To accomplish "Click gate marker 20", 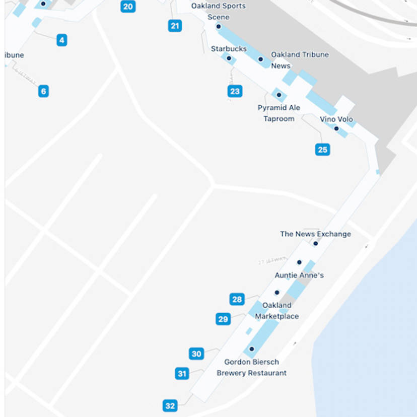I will (x=128, y=7).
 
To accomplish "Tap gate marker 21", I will (x=175, y=26).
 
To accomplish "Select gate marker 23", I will (x=235, y=91).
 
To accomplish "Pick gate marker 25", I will (x=322, y=150).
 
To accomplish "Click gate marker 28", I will (x=237, y=300).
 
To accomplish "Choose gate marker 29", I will (x=223, y=319).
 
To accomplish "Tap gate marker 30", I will (x=196, y=354).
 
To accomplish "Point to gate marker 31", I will (x=182, y=374).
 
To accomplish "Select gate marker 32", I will (x=170, y=406).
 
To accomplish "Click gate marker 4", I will (x=61, y=40).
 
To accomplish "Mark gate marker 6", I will (x=44, y=91).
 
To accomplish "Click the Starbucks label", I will (x=229, y=49).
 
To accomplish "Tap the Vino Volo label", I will (x=336, y=119).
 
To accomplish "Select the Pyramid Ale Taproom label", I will (x=279, y=113).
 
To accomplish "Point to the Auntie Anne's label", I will (x=299, y=275).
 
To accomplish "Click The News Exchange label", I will (x=315, y=234).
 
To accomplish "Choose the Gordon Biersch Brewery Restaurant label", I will (x=251, y=368).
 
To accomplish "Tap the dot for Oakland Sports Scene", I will (x=219, y=27).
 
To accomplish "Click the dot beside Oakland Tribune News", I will (x=261, y=59).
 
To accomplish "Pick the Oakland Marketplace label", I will (x=277, y=311).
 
